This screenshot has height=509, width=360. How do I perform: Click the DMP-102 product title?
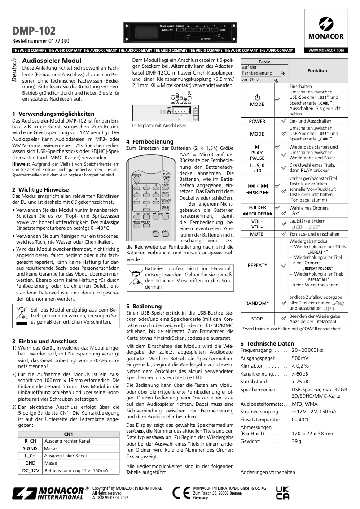(x=34, y=31)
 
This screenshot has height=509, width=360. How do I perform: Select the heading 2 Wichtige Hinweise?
(x=40, y=189)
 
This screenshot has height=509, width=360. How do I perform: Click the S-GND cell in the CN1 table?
(x=30, y=448)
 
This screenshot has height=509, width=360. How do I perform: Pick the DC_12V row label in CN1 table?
(x=30, y=471)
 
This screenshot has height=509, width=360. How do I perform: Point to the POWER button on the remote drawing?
(x=136, y=175)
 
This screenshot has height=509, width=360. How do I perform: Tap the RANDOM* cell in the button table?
(x=257, y=303)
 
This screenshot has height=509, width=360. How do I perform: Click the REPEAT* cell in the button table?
(x=257, y=265)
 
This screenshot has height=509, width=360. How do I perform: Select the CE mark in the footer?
(x=181, y=492)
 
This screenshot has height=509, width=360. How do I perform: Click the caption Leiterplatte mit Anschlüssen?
(x=159, y=126)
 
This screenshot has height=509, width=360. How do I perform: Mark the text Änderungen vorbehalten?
(x=268, y=472)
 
